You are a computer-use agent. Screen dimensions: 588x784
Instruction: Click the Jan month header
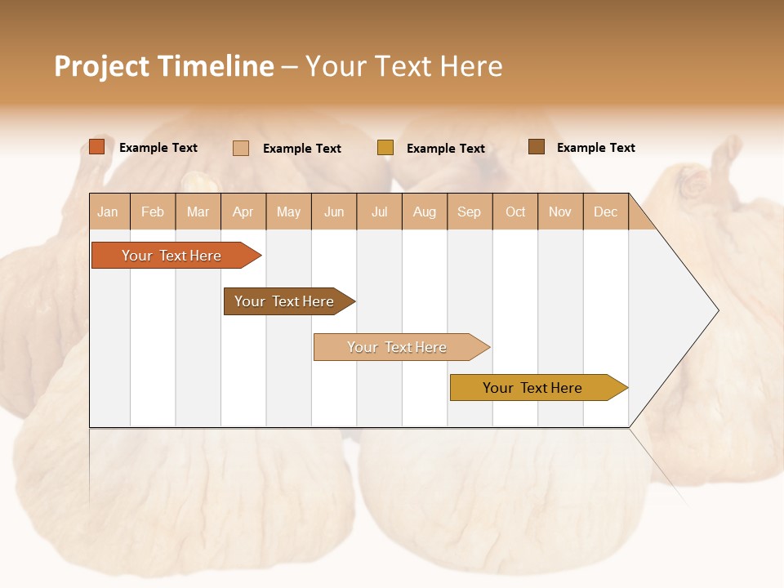coord(109,212)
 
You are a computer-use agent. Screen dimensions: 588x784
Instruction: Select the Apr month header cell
coord(243,212)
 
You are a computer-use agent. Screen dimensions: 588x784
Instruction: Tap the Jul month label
coord(379,212)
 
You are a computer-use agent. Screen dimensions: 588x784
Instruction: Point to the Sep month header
coord(469,212)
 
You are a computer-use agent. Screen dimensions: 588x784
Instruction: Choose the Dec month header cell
coord(605,212)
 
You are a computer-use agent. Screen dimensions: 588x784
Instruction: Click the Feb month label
coord(153,212)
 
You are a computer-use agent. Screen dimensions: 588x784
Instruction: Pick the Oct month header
coord(515,212)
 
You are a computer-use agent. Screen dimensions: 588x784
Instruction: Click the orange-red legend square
coord(97,147)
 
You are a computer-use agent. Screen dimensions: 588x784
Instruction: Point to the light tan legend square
coord(241,148)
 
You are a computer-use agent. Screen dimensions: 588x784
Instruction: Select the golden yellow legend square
coord(385,148)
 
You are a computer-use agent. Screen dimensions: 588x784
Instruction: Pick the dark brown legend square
coord(537,147)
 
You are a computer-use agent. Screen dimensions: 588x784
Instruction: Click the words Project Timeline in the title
coord(163,66)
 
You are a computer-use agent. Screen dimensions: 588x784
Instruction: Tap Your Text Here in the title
coord(403,66)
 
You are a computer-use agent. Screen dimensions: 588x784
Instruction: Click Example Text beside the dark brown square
coord(595,148)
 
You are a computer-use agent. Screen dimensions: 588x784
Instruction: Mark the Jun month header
coord(334,212)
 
